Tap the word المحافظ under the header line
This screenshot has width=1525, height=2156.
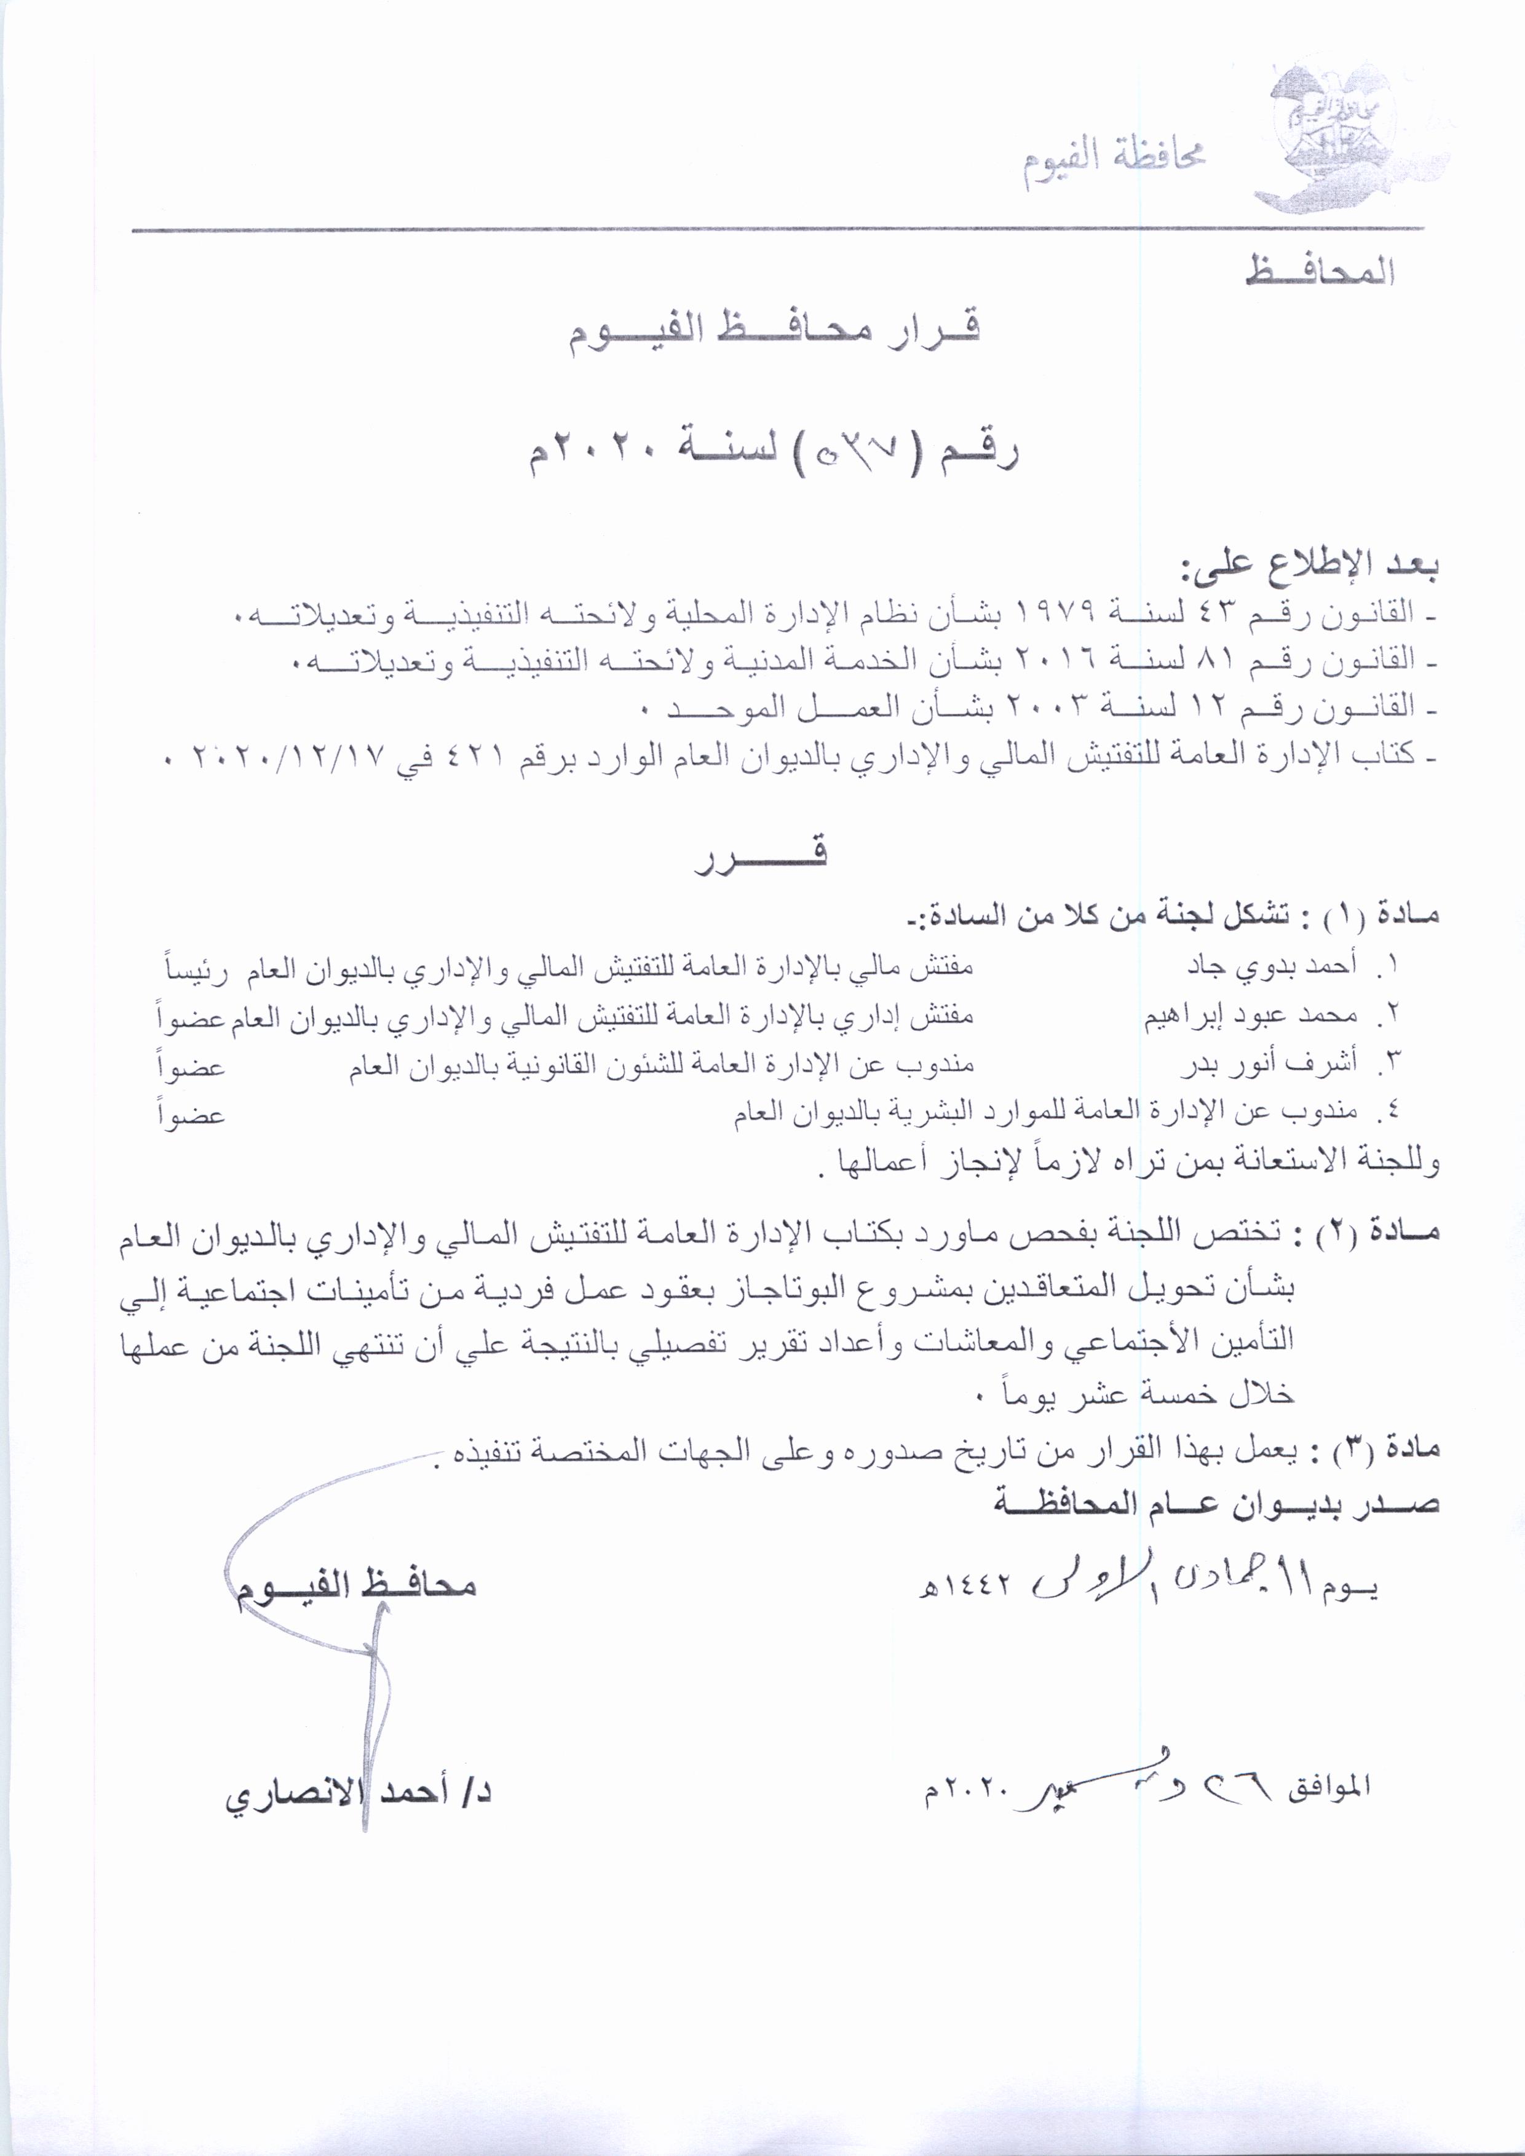click(1320, 271)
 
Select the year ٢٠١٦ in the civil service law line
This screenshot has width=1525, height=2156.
click(1058, 661)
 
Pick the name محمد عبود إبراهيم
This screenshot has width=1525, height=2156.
click(1250, 1015)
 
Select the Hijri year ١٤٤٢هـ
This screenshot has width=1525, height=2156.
click(968, 1586)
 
